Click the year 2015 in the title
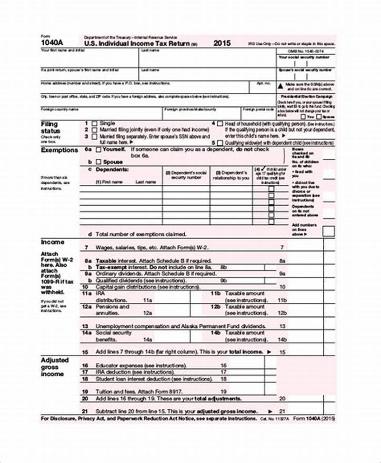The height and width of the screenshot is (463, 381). click(222, 43)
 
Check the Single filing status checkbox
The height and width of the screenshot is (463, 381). click(94, 123)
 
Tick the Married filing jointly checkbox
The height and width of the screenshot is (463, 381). click(94, 130)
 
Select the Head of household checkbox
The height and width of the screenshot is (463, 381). click(220, 123)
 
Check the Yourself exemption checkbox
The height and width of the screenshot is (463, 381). click(99, 150)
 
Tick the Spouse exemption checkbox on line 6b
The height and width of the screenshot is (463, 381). click(99, 162)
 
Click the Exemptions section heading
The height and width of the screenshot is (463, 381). click(59, 150)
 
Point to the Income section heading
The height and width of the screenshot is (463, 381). click(52, 242)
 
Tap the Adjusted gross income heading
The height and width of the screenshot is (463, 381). click(55, 367)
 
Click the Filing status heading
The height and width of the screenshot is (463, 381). click(50, 127)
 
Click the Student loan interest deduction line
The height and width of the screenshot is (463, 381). click(145, 379)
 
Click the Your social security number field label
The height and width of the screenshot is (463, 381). click(304, 57)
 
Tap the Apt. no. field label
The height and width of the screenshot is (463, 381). click(263, 83)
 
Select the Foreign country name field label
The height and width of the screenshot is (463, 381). click(60, 109)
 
